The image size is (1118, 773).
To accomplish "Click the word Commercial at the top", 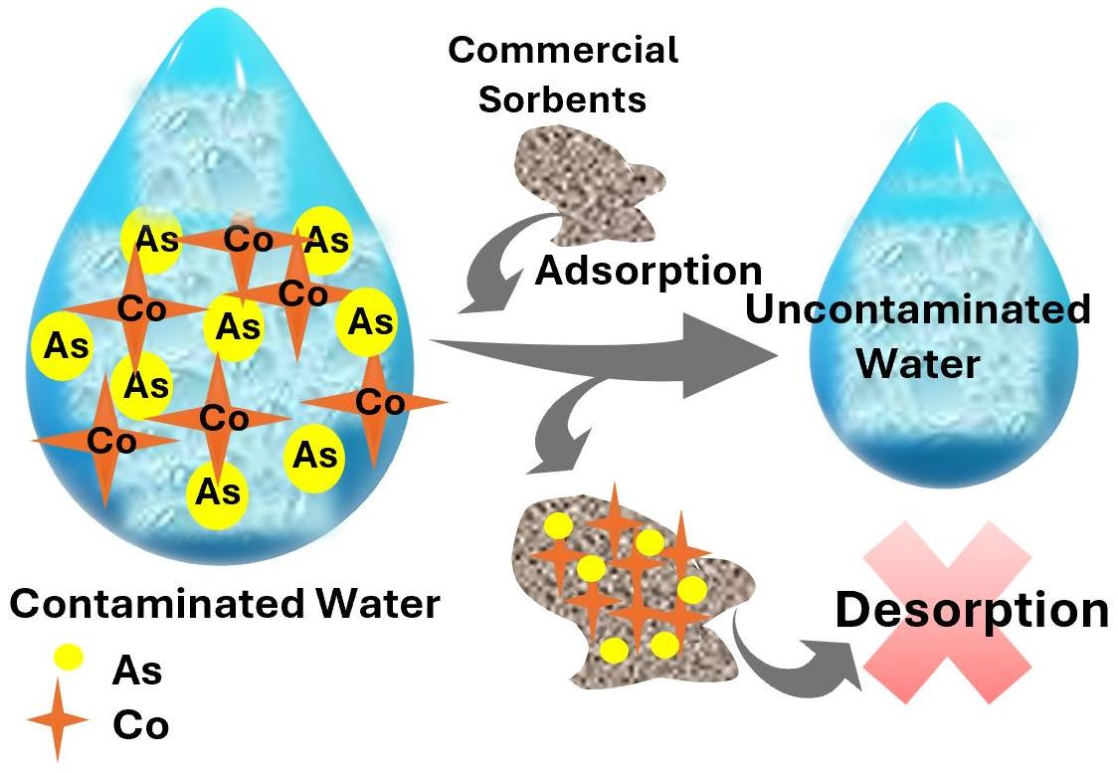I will (563, 50).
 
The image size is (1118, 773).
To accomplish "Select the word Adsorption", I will (649, 270).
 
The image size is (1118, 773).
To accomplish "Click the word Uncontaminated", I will (916, 310).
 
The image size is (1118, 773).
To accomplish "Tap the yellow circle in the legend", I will (69, 657).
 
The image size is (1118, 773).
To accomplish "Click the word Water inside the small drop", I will (917, 363).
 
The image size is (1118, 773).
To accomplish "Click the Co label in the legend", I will (140, 724).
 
